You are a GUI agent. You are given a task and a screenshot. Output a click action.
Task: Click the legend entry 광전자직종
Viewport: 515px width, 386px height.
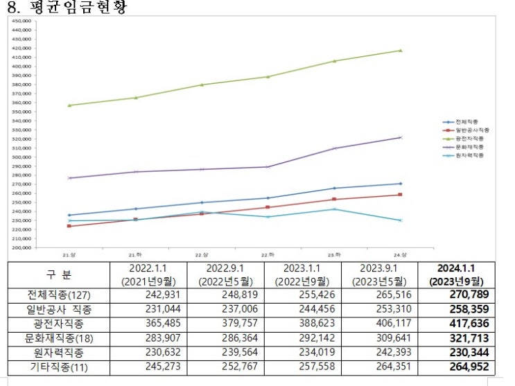tap(470, 139)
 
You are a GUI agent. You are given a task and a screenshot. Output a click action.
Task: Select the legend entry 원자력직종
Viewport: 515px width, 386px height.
tap(470, 155)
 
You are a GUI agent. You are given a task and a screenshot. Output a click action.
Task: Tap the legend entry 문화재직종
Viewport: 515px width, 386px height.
tap(470, 147)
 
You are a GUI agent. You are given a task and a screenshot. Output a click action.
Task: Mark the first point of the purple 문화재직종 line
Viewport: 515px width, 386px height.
tap(69, 178)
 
